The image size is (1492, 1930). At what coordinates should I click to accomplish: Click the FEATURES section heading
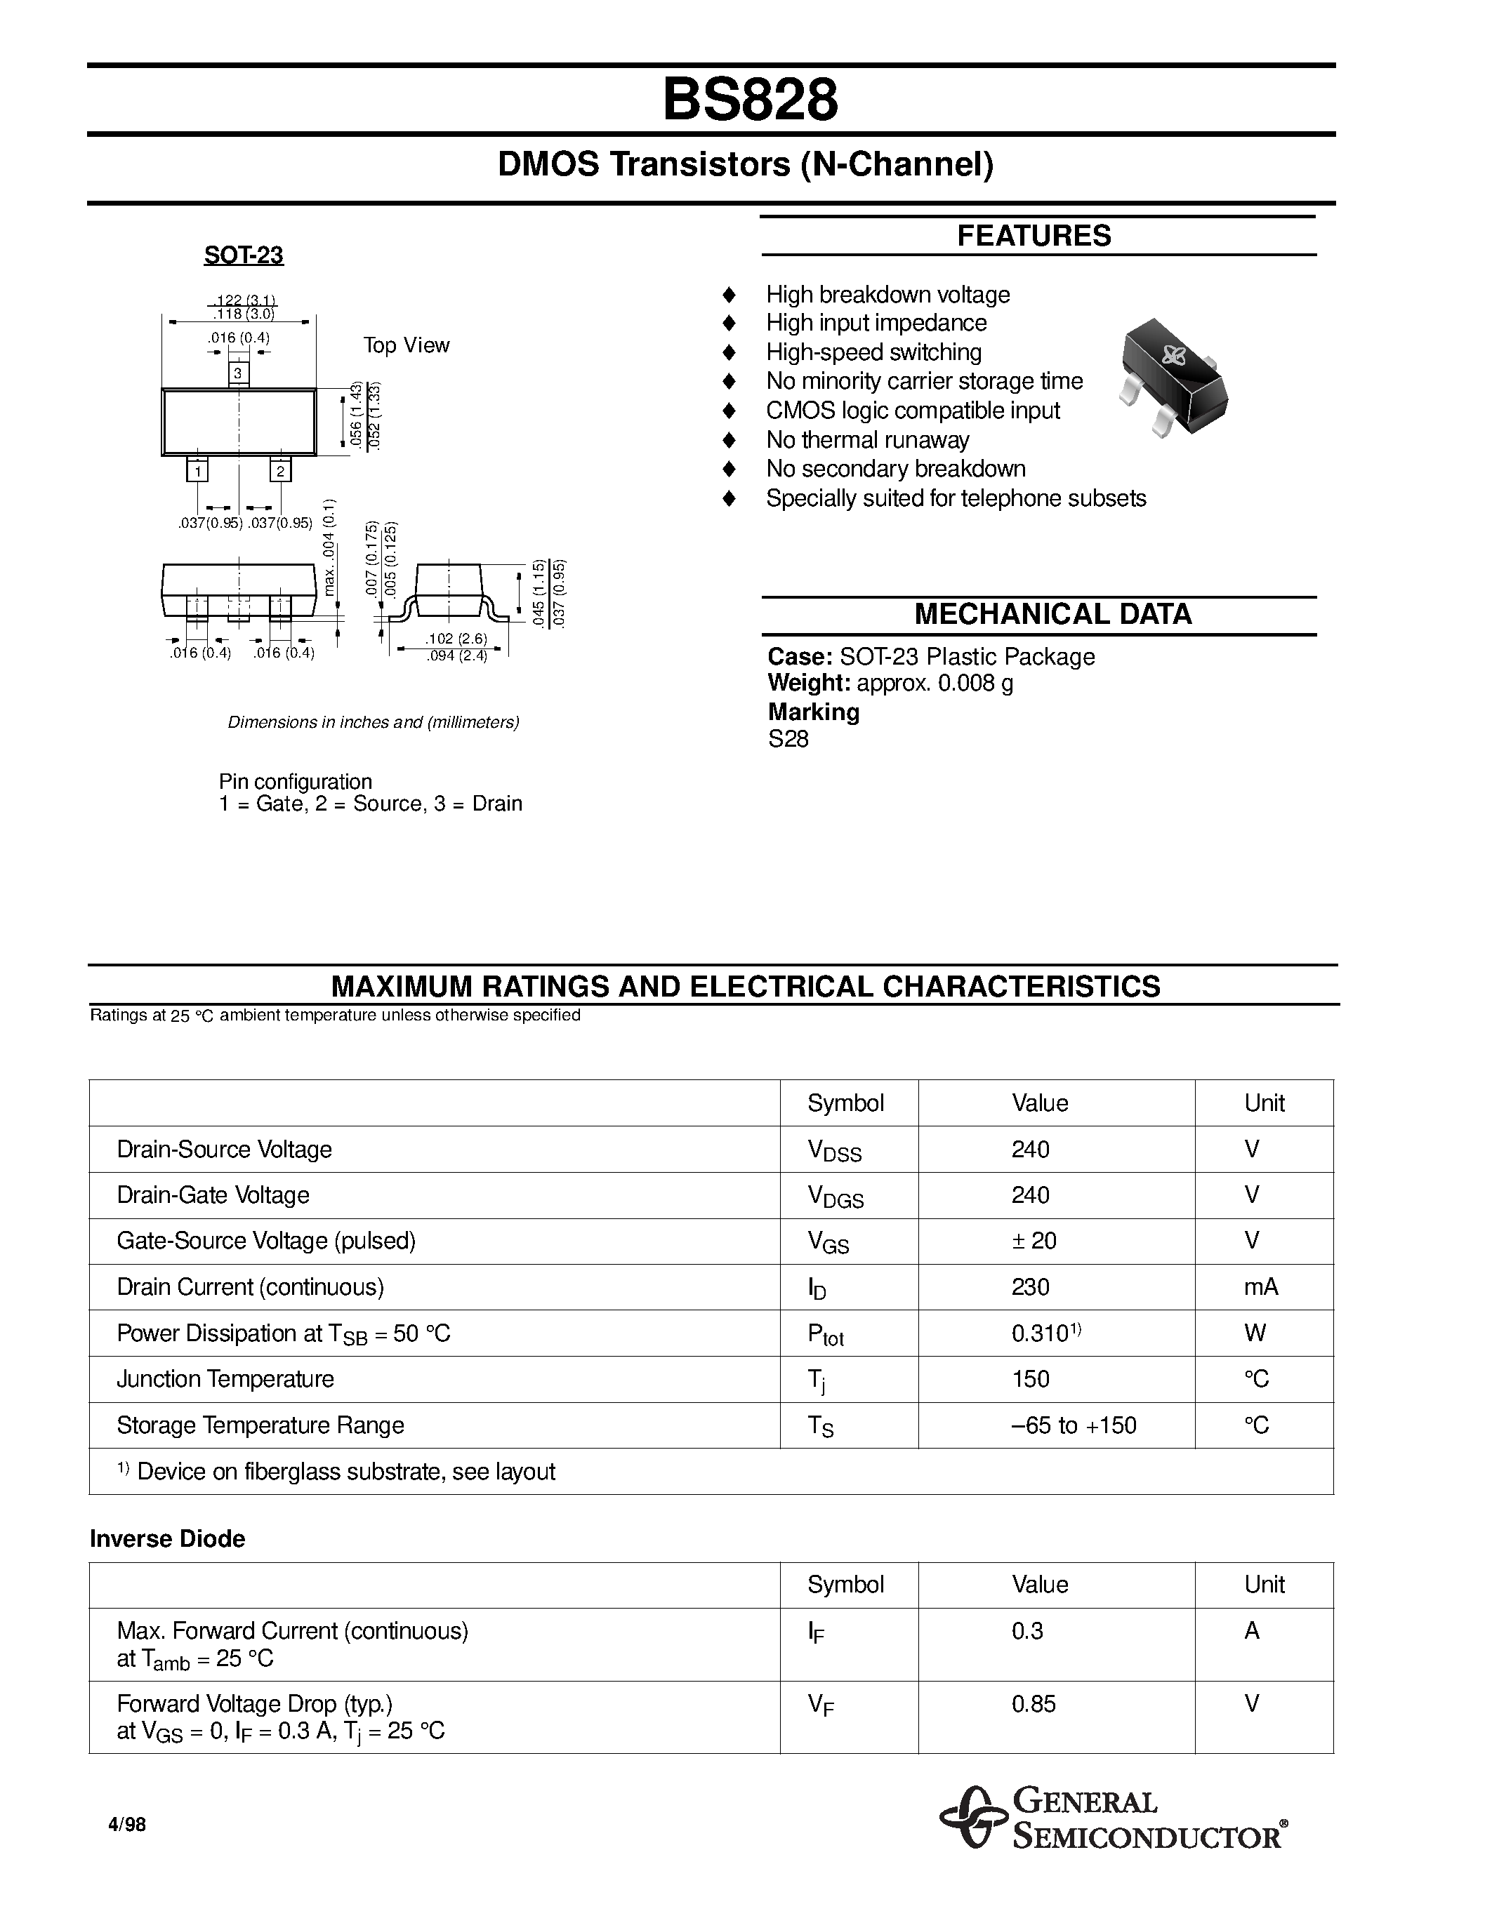pyautogui.click(x=1034, y=236)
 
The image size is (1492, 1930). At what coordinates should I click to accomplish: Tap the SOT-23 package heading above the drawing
pyautogui.click(x=243, y=255)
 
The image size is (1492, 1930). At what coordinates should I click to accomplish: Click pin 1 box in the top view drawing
pyautogui.click(x=197, y=471)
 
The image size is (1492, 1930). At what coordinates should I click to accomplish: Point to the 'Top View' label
pyautogui.click(x=406, y=345)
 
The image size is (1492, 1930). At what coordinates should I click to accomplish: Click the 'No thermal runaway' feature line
pyautogui.click(x=867, y=440)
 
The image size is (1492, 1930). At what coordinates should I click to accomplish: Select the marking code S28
pyautogui.click(x=788, y=739)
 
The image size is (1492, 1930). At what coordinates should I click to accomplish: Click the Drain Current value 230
pyautogui.click(x=1030, y=1286)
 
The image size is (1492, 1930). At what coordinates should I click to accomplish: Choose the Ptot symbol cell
pyautogui.click(x=825, y=1334)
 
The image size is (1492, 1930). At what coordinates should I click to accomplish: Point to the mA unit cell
pyautogui.click(x=1260, y=1286)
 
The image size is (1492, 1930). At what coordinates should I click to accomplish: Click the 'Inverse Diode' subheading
pyautogui.click(x=167, y=1538)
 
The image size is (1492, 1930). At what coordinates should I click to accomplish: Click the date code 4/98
pyautogui.click(x=126, y=1824)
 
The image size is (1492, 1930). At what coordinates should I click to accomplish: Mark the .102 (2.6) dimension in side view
pyautogui.click(x=456, y=639)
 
